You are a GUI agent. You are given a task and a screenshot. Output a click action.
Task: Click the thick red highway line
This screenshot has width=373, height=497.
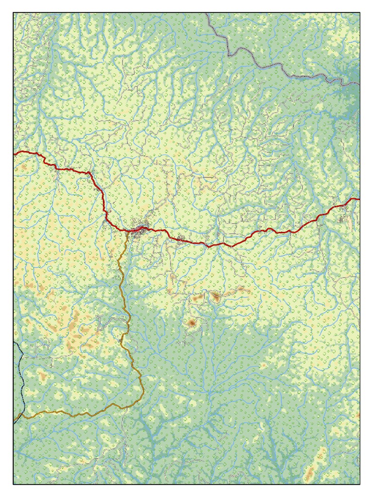(253, 235)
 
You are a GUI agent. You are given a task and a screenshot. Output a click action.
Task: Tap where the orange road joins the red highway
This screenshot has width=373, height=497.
(128, 230)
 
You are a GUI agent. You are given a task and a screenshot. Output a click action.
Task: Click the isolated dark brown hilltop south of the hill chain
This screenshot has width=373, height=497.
(192, 322)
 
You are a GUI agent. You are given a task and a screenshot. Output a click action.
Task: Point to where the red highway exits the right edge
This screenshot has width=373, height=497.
(358, 199)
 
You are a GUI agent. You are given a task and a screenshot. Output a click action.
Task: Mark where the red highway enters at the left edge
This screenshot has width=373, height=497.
(15, 153)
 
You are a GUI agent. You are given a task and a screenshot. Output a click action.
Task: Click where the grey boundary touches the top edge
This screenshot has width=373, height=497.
(207, 14)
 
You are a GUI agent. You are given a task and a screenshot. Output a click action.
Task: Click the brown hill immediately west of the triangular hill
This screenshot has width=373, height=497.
(198, 298)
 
